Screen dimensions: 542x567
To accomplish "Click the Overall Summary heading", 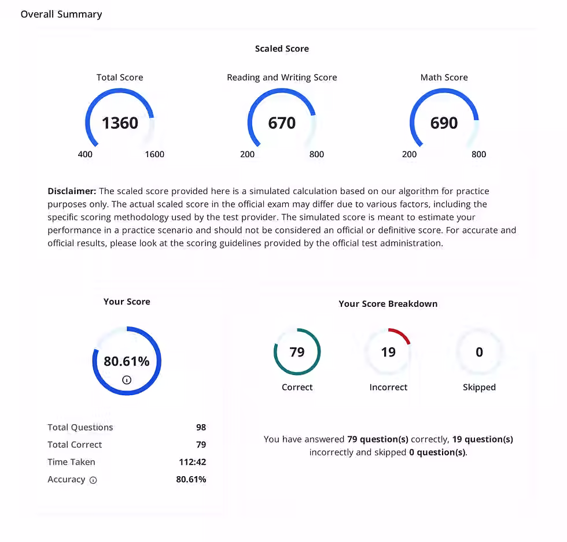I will click(61, 14).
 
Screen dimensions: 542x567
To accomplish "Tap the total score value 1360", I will click(120, 123).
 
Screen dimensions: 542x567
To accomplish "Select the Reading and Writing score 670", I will click(282, 123).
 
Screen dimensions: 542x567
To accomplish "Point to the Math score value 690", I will click(444, 123).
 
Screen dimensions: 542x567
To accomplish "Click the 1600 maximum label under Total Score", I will click(154, 154).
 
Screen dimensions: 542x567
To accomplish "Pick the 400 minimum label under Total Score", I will click(85, 154).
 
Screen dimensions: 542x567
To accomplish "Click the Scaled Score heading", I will click(282, 49).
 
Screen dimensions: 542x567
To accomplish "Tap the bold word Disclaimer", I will click(72, 191).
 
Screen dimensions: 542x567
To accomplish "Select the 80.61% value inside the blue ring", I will click(127, 361).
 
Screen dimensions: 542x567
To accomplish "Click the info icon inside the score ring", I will click(127, 380).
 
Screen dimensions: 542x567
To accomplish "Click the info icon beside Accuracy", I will click(93, 480).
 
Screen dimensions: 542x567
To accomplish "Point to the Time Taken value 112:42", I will click(192, 462).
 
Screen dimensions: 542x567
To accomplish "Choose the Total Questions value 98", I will click(201, 427).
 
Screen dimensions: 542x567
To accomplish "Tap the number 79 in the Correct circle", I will click(297, 352).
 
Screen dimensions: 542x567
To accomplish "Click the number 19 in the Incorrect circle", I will click(388, 352).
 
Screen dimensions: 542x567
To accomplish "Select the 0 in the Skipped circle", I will click(479, 352).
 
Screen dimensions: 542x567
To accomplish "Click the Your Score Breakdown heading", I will click(388, 303).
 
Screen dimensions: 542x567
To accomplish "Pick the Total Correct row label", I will click(75, 444).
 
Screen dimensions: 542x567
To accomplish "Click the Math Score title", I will click(444, 77).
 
